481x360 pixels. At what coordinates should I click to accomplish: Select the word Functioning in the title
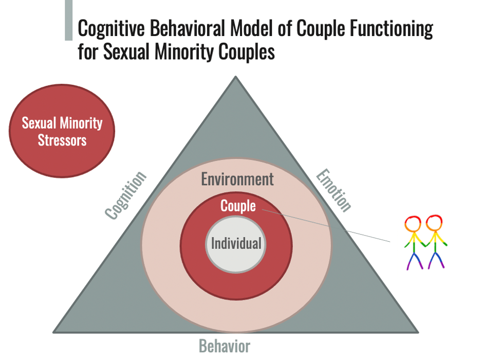pyautogui.click(x=391, y=29)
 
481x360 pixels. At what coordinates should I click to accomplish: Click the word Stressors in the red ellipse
pyautogui.click(x=62, y=139)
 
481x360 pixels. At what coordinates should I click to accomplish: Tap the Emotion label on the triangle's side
pyautogui.click(x=334, y=190)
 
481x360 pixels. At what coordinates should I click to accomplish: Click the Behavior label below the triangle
pyautogui.click(x=225, y=346)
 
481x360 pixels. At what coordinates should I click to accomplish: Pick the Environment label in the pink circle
pyautogui.click(x=237, y=179)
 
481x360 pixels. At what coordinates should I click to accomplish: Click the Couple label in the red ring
pyautogui.click(x=238, y=206)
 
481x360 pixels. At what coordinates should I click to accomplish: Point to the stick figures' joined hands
pyautogui.click(x=424, y=244)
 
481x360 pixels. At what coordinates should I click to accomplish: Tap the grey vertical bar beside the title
pyautogui.click(x=68, y=21)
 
